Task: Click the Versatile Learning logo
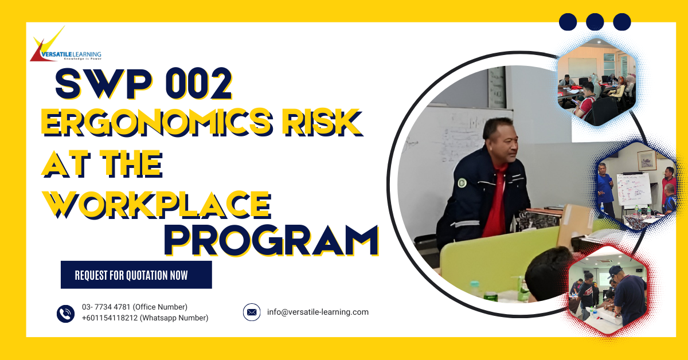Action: (65, 45)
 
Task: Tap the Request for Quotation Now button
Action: (136, 275)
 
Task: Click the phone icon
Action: (65, 314)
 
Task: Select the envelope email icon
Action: (252, 312)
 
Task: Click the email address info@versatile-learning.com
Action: (318, 312)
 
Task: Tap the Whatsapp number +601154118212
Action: (110, 318)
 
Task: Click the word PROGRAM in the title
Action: (272, 241)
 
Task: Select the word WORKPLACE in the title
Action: (157, 205)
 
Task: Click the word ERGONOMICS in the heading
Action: (157, 122)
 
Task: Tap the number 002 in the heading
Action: (198, 84)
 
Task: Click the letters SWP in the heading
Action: (104, 84)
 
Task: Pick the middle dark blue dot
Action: (595, 22)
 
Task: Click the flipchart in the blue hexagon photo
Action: (634, 189)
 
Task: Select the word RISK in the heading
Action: (323, 122)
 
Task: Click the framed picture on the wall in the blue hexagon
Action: (647, 161)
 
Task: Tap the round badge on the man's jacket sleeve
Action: (462, 183)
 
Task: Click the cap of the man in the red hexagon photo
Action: (615, 271)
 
